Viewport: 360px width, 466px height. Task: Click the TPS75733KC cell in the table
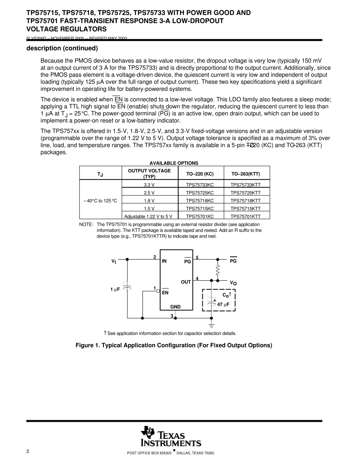tap(200, 185)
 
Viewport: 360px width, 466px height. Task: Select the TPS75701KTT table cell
tap(246, 217)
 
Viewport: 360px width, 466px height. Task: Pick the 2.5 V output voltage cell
tap(149, 193)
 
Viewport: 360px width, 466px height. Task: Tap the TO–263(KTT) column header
tap(246, 174)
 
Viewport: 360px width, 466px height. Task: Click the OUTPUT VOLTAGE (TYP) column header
tap(149, 174)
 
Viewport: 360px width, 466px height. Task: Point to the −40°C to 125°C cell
tap(100, 201)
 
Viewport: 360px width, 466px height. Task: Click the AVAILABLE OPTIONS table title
tap(174, 163)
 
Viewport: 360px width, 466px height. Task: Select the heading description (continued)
tap(62, 48)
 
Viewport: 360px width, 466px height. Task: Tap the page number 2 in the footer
tap(28, 451)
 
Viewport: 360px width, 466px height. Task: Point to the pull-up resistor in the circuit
tap(218, 270)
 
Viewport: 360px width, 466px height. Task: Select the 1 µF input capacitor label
tap(115, 289)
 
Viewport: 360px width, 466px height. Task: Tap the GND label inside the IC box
tap(175, 307)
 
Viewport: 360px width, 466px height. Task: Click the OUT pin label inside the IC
tap(186, 282)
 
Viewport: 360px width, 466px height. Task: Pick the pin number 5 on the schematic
tap(197, 258)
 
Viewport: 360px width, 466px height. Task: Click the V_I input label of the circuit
tap(113, 261)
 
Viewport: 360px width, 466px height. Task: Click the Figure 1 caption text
tap(174, 346)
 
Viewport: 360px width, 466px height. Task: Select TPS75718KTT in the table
tap(246, 201)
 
